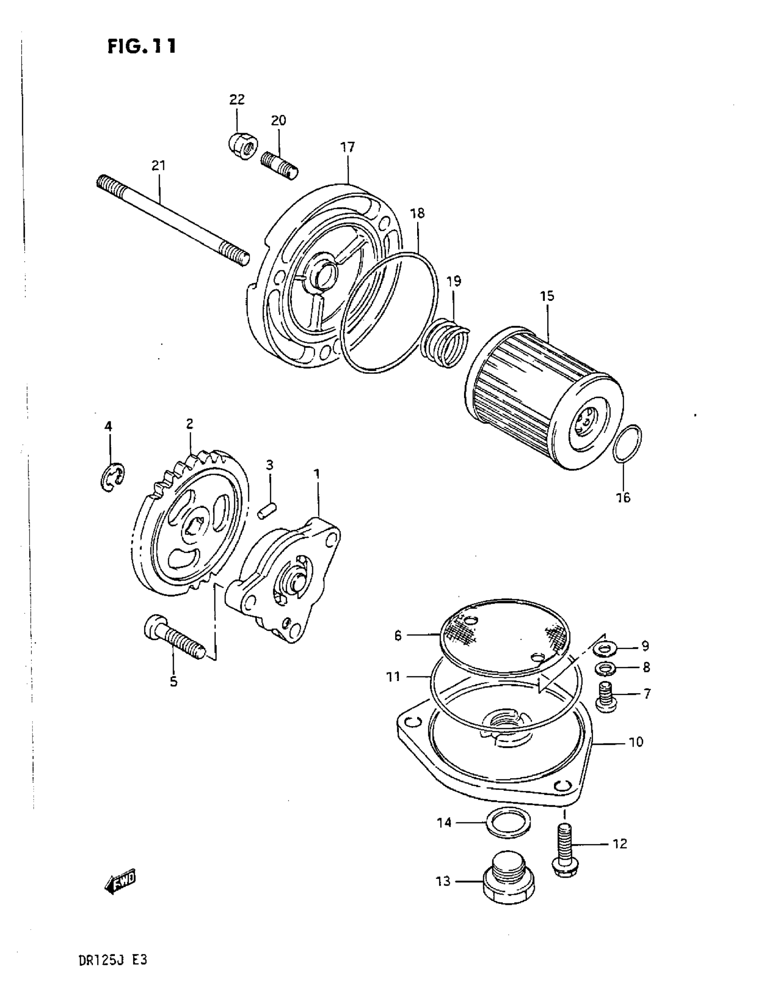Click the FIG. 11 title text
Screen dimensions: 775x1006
pos(141,46)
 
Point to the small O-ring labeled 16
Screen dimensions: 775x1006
pos(628,443)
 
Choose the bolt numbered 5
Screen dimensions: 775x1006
pos(174,636)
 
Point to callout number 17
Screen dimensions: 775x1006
pos(348,147)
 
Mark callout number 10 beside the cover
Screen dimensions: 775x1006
pos(636,742)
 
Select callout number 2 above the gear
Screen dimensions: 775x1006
pos(189,424)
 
